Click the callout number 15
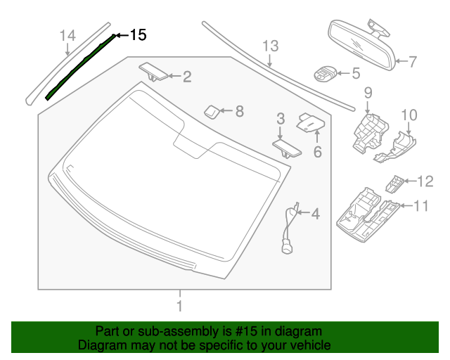[x=139, y=35]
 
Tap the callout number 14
[x=67, y=35]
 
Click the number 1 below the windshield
[x=180, y=306]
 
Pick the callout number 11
[x=420, y=206]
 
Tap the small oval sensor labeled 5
[x=326, y=73]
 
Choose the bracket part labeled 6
[x=310, y=122]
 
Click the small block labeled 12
[x=394, y=183]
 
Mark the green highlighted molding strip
[x=79, y=67]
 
